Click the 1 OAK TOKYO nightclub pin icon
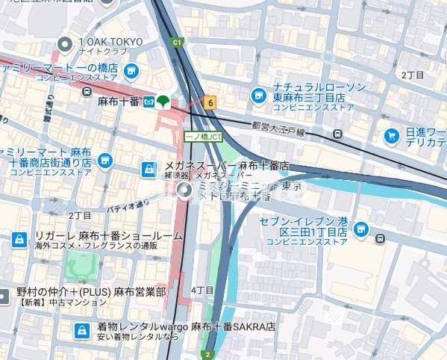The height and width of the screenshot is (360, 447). [x=67, y=44]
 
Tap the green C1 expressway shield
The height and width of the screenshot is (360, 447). [x=177, y=43]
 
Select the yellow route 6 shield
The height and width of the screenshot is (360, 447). [x=211, y=103]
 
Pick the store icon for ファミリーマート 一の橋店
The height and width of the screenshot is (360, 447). [x=131, y=71]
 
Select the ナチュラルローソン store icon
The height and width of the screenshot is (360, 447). [x=257, y=94]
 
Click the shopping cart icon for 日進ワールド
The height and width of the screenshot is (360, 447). [x=391, y=135]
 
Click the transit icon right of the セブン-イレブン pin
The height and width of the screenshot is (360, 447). [x=381, y=239]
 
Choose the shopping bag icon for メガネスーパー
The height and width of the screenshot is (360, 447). [x=149, y=170]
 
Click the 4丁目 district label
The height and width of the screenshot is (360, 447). [x=203, y=290]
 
